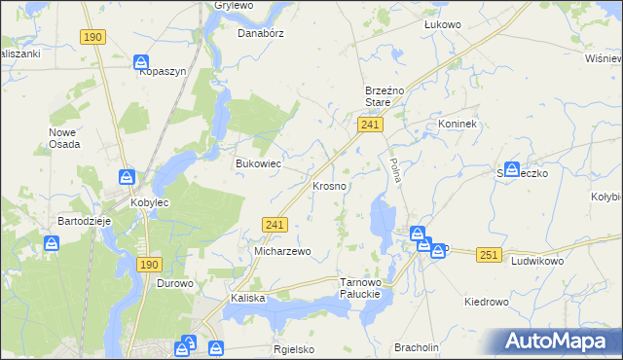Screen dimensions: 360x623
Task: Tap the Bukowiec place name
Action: pos(258,163)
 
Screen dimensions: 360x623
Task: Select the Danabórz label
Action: pos(259,32)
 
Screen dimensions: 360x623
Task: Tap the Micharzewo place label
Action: pos(282,251)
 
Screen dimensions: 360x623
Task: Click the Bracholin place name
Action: pos(417,347)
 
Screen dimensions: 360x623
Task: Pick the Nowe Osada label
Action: pos(64,138)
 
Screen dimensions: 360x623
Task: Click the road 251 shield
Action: pos(490,254)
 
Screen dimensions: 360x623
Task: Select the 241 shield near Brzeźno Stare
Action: pos(370,126)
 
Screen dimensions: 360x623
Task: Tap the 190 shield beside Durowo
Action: pos(148,265)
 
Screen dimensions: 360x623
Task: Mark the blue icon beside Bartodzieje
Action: pos(51,243)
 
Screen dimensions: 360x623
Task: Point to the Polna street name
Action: pos(395,172)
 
